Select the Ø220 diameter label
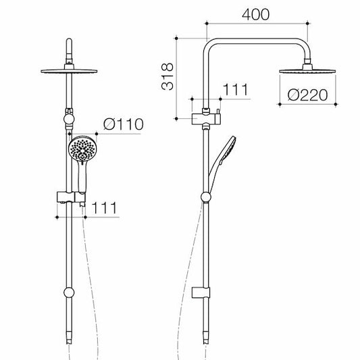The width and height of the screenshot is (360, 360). tap(308, 95)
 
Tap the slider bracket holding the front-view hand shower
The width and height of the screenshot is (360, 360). tap(68, 197)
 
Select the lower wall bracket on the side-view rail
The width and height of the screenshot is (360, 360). tap(203, 294)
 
